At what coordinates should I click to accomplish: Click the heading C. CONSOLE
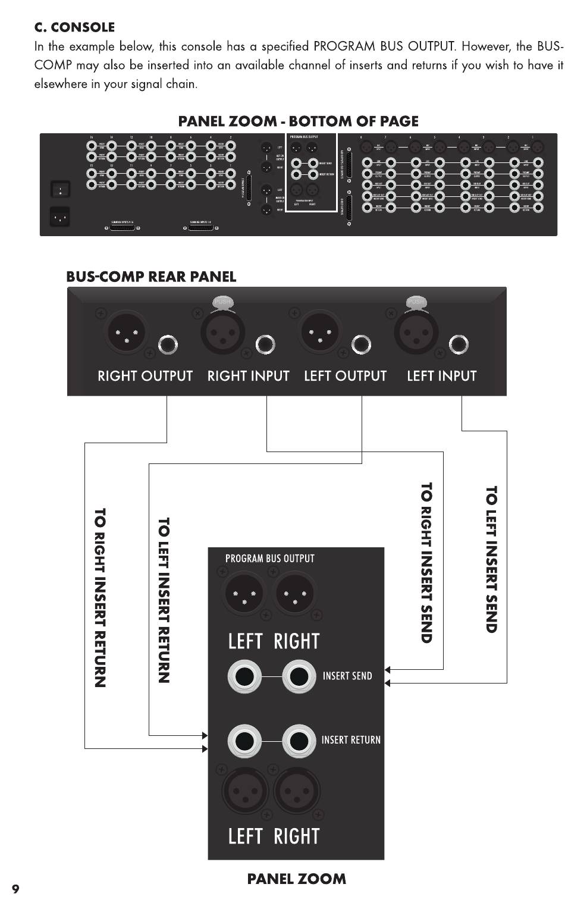pyautogui.click(x=74, y=27)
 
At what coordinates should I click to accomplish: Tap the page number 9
pyautogui.click(x=15, y=889)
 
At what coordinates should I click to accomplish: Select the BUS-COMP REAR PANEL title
pyautogui.click(x=151, y=277)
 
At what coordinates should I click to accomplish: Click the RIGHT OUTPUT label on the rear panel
pyautogui.click(x=145, y=376)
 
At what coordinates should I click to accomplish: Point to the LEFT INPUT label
pyautogui.click(x=441, y=376)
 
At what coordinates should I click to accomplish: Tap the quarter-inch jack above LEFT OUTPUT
pyautogui.click(x=361, y=344)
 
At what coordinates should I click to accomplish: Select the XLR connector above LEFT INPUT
pyautogui.click(x=416, y=331)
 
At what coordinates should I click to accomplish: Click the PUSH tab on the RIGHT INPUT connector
pyautogui.click(x=222, y=302)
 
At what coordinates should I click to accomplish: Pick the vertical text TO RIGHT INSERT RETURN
pyautogui.click(x=100, y=597)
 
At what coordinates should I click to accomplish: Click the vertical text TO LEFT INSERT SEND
pyautogui.click(x=491, y=559)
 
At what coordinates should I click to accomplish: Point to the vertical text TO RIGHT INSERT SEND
pyautogui.click(x=426, y=563)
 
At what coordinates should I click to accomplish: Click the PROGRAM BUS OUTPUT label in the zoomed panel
pyautogui.click(x=269, y=559)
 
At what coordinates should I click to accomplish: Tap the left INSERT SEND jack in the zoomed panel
pyautogui.click(x=244, y=677)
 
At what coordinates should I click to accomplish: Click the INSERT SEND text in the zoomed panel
pyautogui.click(x=347, y=676)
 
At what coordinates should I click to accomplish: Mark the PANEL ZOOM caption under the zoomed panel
pyautogui.click(x=296, y=879)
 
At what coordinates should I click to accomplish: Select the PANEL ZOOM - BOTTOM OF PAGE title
pyautogui.click(x=298, y=121)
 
